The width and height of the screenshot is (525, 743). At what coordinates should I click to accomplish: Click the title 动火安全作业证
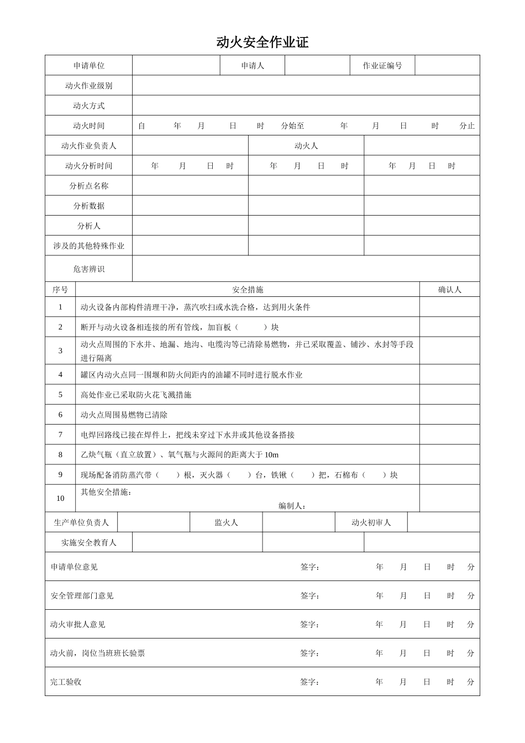[262, 43]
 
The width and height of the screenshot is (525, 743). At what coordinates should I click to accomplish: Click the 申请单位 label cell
[88, 66]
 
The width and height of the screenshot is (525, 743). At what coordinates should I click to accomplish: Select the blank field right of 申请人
[317, 66]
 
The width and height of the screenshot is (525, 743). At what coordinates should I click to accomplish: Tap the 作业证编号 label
[382, 66]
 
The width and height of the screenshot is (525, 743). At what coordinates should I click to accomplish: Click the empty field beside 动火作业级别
[306, 86]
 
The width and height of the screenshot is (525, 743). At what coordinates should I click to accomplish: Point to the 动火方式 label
[88, 106]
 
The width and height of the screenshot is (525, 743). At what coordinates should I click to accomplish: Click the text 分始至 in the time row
[292, 126]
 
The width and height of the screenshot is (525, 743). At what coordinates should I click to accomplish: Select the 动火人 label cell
[306, 146]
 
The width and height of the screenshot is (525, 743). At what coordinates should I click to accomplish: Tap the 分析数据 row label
[88, 206]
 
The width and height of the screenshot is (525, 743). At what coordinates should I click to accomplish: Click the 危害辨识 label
[88, 269]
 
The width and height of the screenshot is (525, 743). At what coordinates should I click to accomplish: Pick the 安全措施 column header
[248, 290]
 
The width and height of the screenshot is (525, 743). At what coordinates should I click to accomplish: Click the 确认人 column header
[449, 290]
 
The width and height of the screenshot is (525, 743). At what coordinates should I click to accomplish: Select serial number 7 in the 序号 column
[61, 435]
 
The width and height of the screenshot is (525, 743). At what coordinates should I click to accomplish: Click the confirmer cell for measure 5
[449, 395]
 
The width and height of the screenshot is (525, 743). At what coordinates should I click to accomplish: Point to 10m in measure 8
[271, 455]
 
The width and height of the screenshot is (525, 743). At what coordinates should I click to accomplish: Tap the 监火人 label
[226, 522]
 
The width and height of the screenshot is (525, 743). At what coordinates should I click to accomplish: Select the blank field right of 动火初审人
[443, 522]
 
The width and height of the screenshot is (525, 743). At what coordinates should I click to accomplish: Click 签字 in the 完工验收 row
[309, 682]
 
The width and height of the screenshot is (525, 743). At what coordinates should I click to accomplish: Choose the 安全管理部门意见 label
[82, 595]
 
